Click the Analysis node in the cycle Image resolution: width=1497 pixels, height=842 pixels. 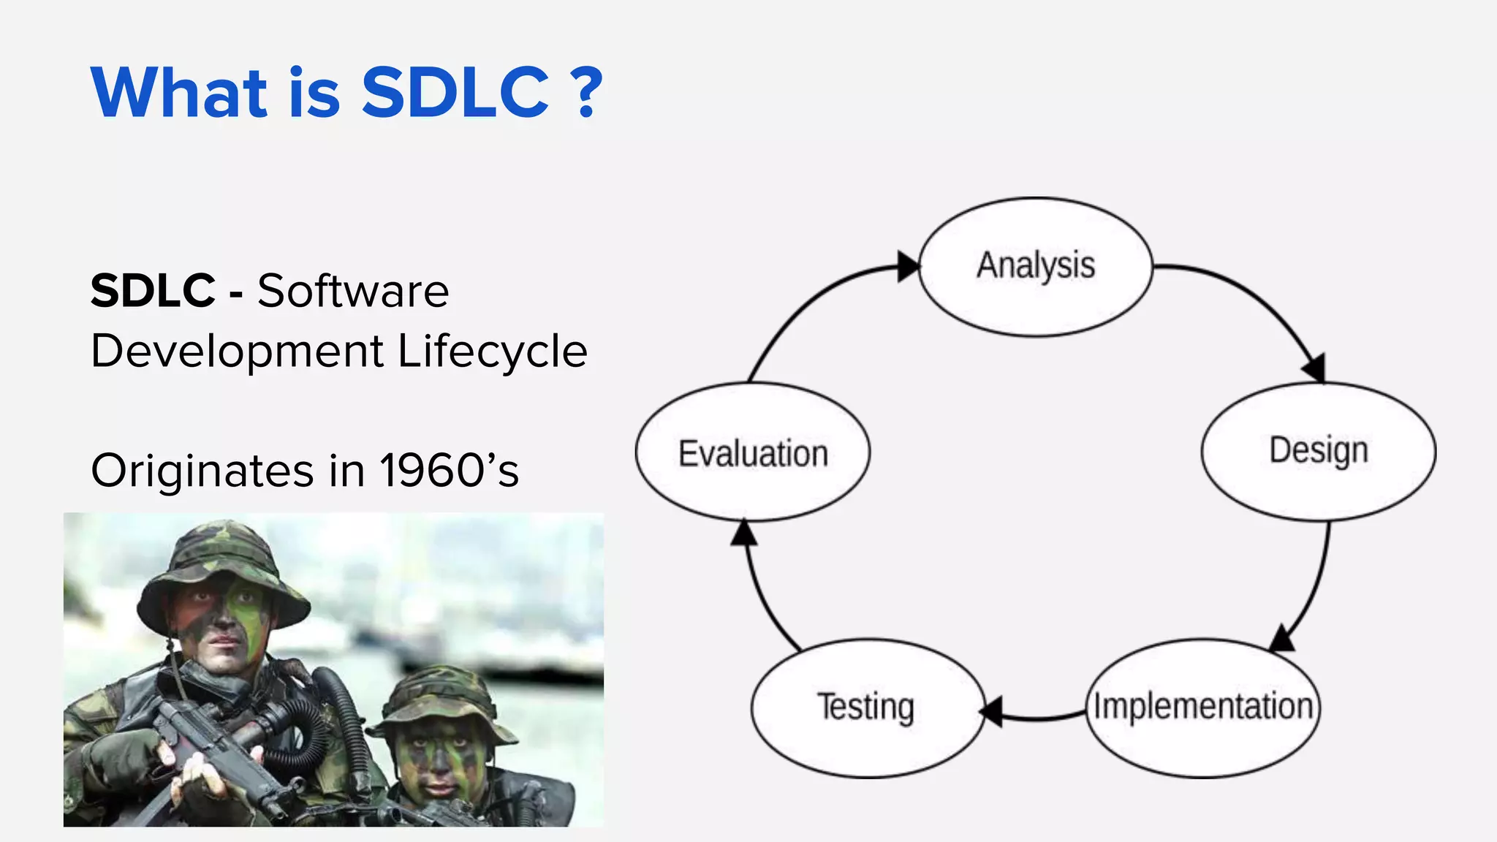[1035, 267]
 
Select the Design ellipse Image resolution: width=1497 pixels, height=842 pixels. [1319, 451]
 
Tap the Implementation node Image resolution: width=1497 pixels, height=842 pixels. [1203, 708]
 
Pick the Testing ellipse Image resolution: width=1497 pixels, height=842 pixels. [867, 708]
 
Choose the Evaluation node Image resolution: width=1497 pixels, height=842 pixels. [753, 452]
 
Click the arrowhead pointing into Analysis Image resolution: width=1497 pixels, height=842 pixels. [908, 266]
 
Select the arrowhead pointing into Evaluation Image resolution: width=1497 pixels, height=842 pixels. [744, 533]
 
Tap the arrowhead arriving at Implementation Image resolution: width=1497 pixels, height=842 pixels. [1282, 638]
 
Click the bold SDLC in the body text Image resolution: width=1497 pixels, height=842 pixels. [153, 291]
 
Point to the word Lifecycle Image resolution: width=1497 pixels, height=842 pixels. [492, 352]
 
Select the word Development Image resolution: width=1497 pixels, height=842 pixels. [237, 352]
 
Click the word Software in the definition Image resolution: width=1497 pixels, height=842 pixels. [353, 291]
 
